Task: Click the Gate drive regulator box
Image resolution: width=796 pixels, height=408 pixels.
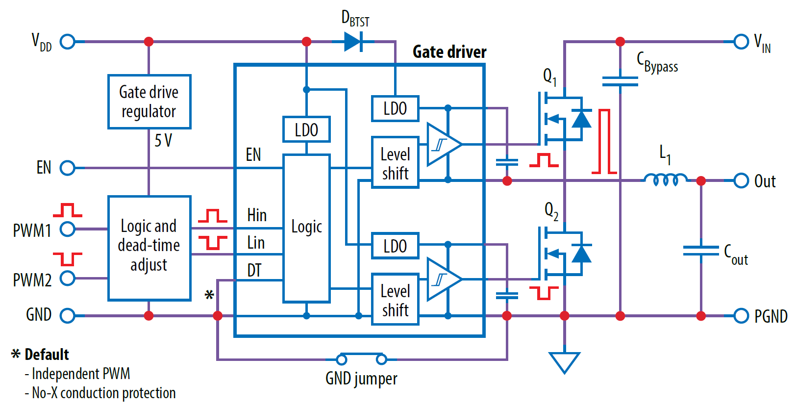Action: pyautogui.click(x=149, y=102)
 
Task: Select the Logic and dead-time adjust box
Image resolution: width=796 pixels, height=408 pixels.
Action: pyautogui.click(x=149, y=248)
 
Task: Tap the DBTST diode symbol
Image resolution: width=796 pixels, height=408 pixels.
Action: pyautogui.click(x=353, y=42)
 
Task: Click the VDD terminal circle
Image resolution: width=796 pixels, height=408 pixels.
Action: pyautogui.click(x=68, y=42)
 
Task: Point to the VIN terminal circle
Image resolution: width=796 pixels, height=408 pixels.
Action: pyautogui.click(x=741, y=42)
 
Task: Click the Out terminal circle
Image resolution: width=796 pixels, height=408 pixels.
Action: pyautogui.click(x=741, y=180)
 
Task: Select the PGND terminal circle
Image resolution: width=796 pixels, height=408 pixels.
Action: pyautogui.click(x=741, y=316)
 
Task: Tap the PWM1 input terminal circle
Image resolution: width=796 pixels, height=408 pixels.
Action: pyautogui.click(x=68, y=229)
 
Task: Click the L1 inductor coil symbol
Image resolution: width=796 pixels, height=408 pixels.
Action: pyautogui.click(x=666, y=180)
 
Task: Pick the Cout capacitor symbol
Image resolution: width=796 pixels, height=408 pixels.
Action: pyautogui.click(x=701, y=251)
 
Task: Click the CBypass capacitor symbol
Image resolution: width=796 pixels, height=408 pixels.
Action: pyautogui.click(x=620, y=81)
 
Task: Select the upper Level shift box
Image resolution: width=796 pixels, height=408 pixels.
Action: pyautogui.click(x=395, y=162)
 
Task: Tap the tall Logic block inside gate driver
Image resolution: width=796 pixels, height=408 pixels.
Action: pyautogui.click(x=306, y=228)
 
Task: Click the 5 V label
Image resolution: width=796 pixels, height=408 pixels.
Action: pyautogui.click(x=163, y=141)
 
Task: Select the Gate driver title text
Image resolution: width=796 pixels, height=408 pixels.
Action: pyautogui.click(x=449, y=52)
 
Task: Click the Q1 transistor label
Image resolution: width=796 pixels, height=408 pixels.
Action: pyautogui.click(x=549, y=76)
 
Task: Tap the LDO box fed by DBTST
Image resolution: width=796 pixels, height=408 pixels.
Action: pyautogui.click(x=395, y=108)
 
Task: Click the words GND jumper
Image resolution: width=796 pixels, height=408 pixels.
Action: pyautogui.click(x=361, y=379)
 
